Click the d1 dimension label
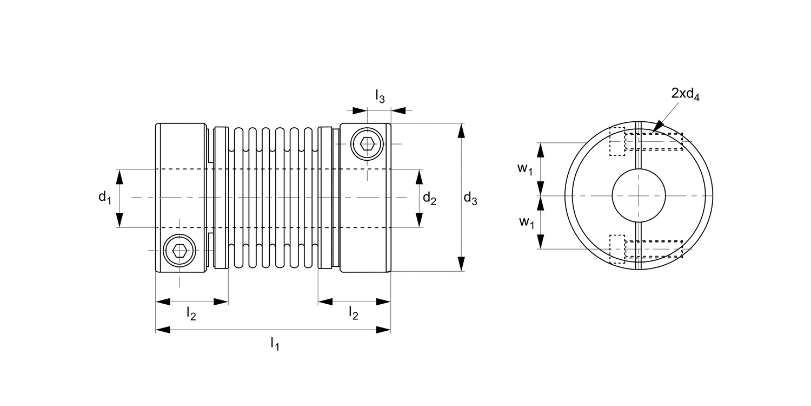click(x=104, y=198)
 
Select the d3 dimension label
click(x=470, y=199)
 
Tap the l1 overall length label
click(x=275, y=343)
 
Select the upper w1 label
click(x=525, y=169)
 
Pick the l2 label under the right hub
click(x=354, y=313)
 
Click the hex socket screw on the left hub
click(x=180, y=251)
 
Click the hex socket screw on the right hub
click(x=367, y=144)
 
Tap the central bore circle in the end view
click(x=639, y=195)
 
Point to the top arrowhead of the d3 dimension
click(x=461, y=130)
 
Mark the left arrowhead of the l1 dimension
click(x=163, y=329)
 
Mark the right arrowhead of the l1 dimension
click(x=384, y=329)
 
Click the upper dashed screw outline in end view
click(x=646, y=141)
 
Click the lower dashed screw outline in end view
click(x=646, y=248)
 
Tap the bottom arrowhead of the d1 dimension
click(x=119, y=220)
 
